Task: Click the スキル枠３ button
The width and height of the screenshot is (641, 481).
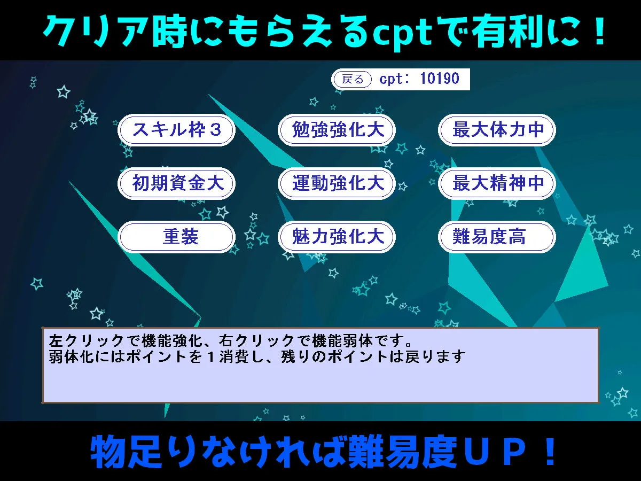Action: pyautogui.click(x=176, y=130)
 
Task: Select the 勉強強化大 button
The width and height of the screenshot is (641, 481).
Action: pyautogui.click(x=337, y=130)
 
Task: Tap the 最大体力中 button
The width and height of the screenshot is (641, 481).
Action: pyautogui.click(x=497, y=130)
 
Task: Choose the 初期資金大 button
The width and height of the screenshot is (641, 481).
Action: pyautogui.click(x=176, y=183)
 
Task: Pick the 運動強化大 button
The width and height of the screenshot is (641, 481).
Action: pyautogui.click(x=337, y=183)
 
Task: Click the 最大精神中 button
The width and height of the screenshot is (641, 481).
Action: pyautogui.click(x=497, y=183)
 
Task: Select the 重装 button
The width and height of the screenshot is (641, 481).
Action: pyautogui.click(x=176, y=237)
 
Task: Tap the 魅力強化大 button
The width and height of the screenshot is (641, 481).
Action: pyautogui.click(x=337, y=237)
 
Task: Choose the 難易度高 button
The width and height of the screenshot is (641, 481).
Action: pyautogui.click(x=497, y=237)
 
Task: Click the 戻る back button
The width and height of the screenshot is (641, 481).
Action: pyautogui.click(x=352, y=80)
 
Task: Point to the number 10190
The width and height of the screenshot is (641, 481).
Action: pyautogui.click(x=439, y=79)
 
